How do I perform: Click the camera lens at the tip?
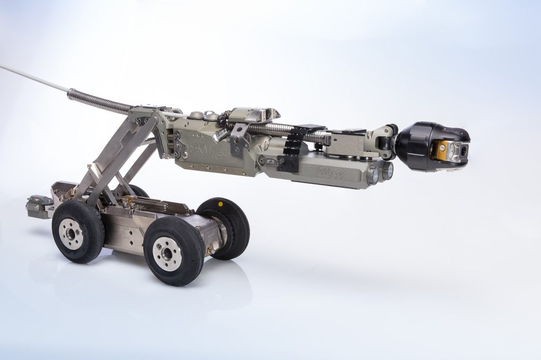click(x=463, y=150)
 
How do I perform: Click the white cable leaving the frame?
click(x=32, y=77)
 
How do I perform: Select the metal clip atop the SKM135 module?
click(x=250, y=114)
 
